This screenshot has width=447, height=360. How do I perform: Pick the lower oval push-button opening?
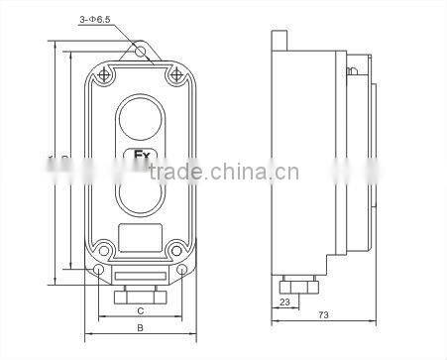click(x=139, y=192)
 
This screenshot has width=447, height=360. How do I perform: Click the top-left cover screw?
click(x=104, y=73)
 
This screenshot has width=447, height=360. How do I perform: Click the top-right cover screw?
click(x=175, y=73)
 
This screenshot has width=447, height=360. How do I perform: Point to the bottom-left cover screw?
click(x=104, y=248)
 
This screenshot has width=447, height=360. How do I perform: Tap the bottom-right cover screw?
click(x=175, y=248)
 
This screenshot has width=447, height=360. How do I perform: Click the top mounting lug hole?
click(x=140, y=50)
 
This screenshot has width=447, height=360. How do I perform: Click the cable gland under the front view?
click(x=140, y=295)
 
